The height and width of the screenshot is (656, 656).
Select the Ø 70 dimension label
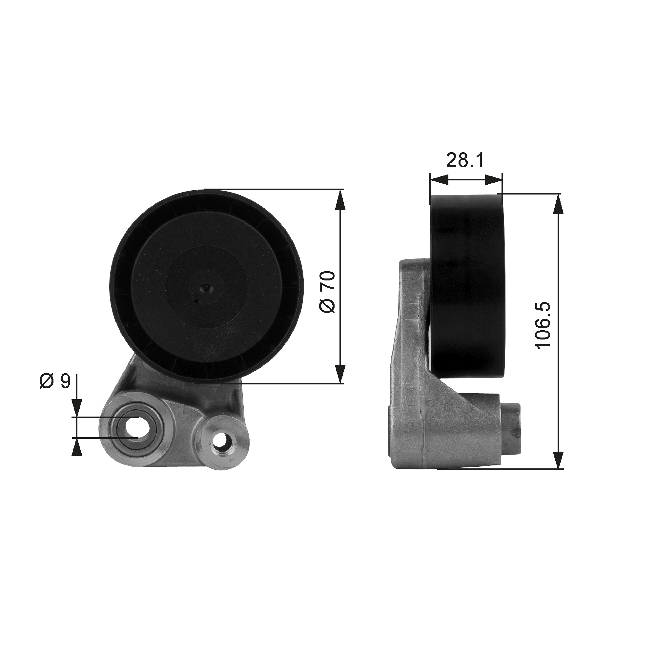(x=327, y=292)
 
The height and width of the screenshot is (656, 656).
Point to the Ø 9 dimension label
(x=55, y=381)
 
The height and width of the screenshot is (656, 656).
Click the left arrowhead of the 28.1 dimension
(x=439, y=180)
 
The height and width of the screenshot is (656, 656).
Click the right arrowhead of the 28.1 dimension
(x=494, y=180)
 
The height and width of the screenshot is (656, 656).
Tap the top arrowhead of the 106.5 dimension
(x=558, y=204)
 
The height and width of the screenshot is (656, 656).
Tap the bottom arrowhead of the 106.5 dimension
(x=558, y=460)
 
